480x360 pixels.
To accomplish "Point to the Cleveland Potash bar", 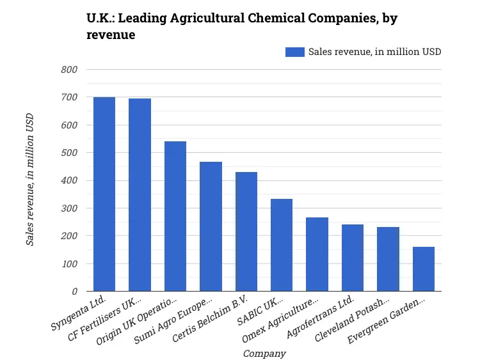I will (388, 259).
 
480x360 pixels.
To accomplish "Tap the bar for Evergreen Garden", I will (424, 269).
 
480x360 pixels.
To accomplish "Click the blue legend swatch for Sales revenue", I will (295, 52).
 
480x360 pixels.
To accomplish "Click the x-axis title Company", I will (264, 353).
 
